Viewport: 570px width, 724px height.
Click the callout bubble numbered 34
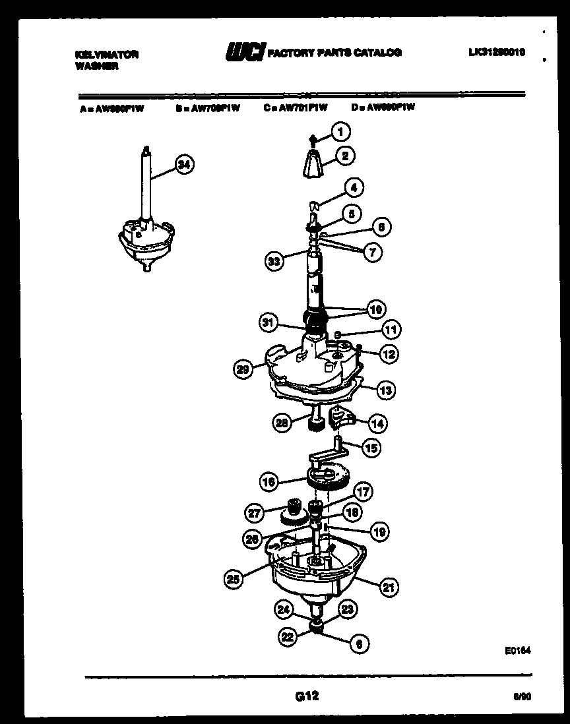pos(185,166)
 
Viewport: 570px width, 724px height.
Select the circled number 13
pos(385,390)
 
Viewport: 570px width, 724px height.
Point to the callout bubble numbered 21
pos(389,586)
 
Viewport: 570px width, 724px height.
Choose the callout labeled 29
pos(243,369)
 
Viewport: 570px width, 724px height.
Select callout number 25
pos(232,579)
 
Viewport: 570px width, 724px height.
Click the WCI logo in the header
pos(245,52)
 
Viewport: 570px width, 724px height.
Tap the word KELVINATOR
pos(106,55)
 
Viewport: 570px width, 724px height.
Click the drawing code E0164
pos(518,650)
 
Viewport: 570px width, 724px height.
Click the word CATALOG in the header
pos(377,53)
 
